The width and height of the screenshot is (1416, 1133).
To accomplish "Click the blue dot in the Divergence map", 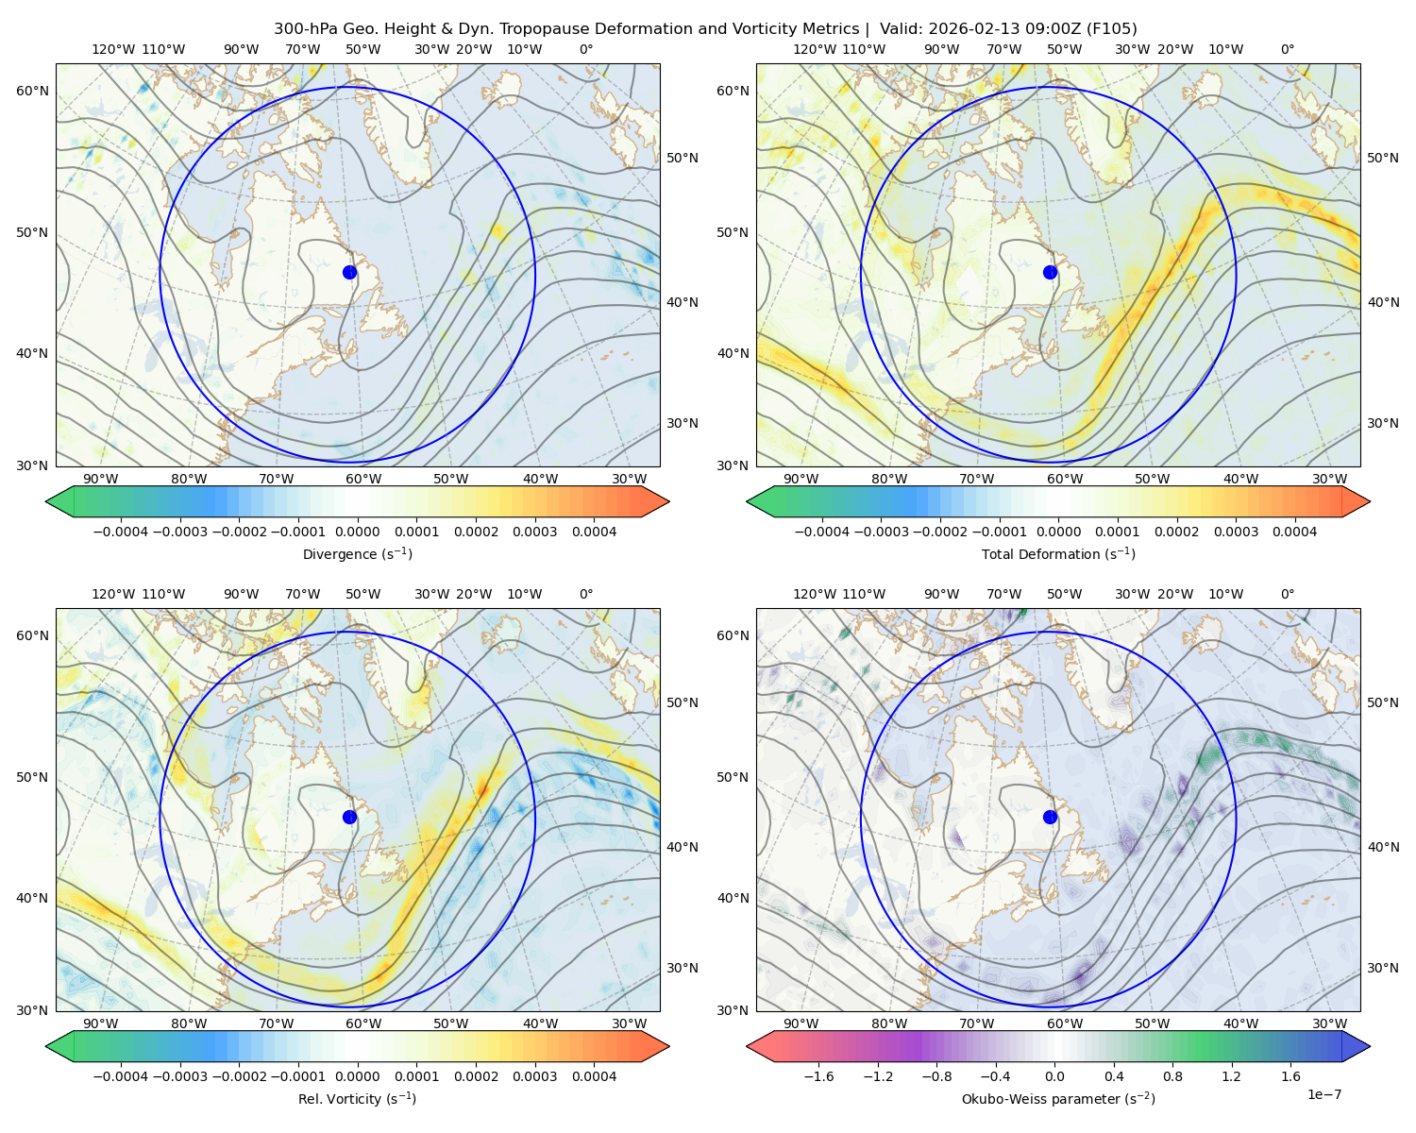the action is point(349,272).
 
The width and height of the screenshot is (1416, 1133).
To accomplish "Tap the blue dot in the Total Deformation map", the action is point(1050,272).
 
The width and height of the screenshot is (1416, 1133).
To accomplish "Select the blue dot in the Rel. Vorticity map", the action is point(349,817).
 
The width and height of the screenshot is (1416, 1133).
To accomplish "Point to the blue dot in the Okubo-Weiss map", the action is point(1050,817).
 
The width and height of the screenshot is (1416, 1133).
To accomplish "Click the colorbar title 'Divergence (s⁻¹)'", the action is point(357,553).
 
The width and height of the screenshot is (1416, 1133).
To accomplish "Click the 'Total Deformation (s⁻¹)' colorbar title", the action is point(1058,553).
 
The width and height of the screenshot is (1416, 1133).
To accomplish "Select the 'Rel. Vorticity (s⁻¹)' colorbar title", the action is point(357,1098).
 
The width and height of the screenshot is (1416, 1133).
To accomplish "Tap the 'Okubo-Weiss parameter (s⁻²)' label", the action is point(1058,1098).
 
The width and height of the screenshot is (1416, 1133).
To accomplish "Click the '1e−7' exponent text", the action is point(1323,1094).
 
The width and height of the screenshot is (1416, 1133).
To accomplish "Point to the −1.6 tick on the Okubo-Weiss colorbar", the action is point(818,1076).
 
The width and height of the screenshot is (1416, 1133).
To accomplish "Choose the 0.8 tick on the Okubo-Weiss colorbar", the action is point(1172,1076).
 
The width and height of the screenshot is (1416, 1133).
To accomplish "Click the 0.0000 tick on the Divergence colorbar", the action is point(357,532).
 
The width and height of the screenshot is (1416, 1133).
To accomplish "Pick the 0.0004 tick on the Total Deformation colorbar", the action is point(1294,532).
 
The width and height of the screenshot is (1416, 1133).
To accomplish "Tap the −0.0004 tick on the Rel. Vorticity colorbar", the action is point(121,1076).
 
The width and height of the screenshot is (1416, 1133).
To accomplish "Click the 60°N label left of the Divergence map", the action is point(32,91).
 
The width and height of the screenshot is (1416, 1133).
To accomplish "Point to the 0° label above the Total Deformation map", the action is point(1287,49).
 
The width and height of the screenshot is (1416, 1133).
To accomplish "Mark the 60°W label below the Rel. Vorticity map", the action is point(363,1023).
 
